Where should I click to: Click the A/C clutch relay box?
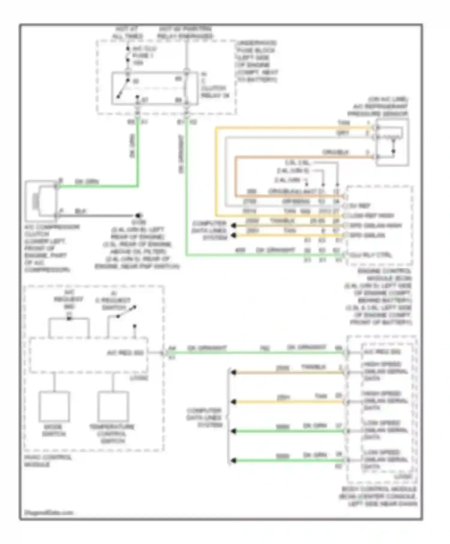pyautogui.click(x=154, y=88)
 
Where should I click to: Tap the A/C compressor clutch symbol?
pyautogui.click(x=41, y=200)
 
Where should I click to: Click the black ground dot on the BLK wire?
pyautogui.click(x=138, y=215)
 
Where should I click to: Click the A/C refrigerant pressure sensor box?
pyautogui.click(x=392, y=142)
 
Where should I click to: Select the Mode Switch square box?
pyautogui.click(x=54, y=406)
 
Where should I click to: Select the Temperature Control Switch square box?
pyautogui.click(x=113, y=406)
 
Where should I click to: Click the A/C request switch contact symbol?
pyautogui.click(x=126, y=312)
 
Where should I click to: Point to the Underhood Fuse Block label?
pyautogui.click(x=257, y=61)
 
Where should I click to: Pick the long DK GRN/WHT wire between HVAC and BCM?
pyautogui.click(x=255, y=353)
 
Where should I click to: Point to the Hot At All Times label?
pyautogui.click(x=127, y=33)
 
